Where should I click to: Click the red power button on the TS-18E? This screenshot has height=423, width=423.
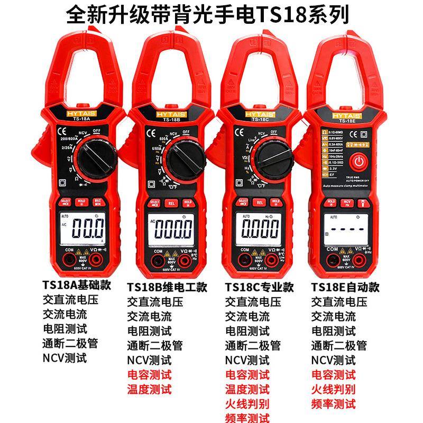click(x=359, y=161)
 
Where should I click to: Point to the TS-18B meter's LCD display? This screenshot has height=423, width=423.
click(x=172, y=231)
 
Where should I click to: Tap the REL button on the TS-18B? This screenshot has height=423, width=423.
click(x=171, y=202)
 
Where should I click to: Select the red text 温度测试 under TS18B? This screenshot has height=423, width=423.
click(x=150, y=390)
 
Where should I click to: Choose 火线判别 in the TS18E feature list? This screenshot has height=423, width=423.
click(x=333, y=390)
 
